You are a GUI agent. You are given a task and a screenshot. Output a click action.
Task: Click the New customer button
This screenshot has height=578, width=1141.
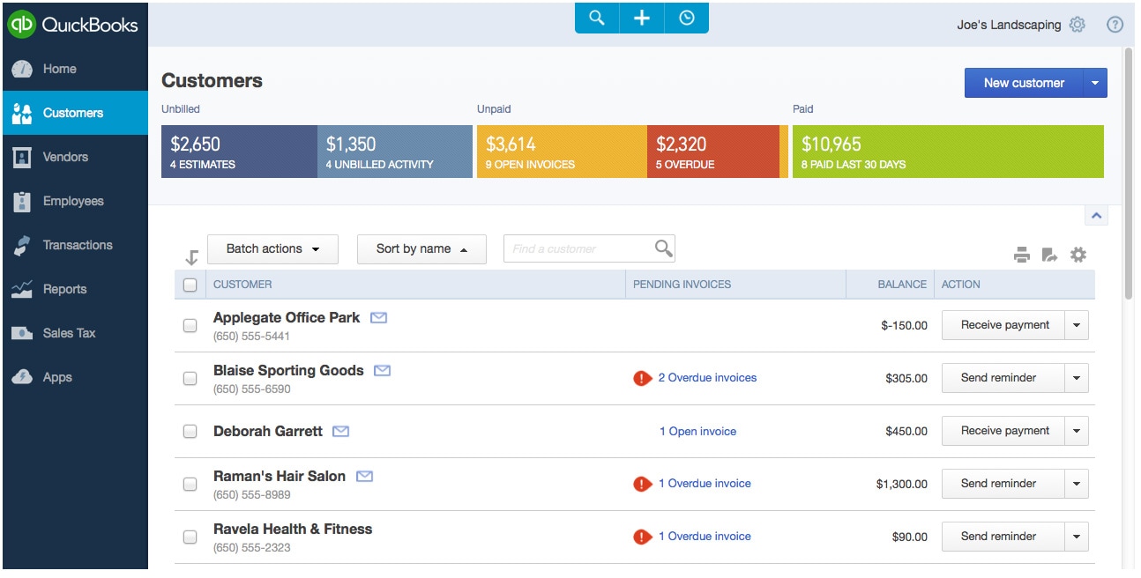[x=1024, y=83]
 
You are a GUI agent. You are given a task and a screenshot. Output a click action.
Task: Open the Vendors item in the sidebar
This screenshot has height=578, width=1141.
[x=65, y=157]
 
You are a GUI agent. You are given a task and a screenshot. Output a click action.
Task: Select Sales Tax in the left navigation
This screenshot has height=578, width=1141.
[x=69, y=333]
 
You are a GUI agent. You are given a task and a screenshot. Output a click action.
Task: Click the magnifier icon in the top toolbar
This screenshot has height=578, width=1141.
[x=597, y=18]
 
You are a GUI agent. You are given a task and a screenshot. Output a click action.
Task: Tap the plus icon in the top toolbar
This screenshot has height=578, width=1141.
[x=642, y=18]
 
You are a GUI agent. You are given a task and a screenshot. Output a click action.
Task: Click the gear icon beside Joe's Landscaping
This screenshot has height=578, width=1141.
[x=1077, y=25]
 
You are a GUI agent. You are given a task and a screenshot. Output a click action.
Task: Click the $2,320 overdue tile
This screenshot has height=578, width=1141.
[x=712, y=152]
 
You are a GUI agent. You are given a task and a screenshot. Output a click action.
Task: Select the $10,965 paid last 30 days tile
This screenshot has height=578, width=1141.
[x=948, y=152]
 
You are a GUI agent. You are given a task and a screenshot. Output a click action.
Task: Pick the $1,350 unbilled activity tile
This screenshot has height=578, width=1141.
[x=394, y=152]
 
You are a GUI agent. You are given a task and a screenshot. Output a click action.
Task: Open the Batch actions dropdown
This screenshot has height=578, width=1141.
[x=272, y=249]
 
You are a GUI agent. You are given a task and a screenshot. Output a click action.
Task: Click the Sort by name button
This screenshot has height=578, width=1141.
[x=421, y=249]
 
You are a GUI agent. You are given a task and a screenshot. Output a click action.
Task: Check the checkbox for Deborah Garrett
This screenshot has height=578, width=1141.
[x=190, y=432]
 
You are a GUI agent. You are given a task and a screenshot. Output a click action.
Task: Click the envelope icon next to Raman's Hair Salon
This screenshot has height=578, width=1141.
[x=364, y=476]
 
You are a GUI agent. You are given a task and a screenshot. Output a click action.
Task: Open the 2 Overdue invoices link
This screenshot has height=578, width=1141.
[x=707, y=378]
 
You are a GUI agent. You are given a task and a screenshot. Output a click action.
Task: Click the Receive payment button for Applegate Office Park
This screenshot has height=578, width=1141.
[x=1004, y=325]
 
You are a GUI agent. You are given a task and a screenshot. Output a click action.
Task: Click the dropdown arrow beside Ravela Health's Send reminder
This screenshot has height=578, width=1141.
[x=1076, y=537]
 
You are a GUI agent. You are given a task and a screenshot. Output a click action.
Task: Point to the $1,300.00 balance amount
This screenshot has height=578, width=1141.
[x=901, y=484]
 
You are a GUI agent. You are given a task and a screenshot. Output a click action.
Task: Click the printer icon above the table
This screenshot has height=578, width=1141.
[x=1022, y=256]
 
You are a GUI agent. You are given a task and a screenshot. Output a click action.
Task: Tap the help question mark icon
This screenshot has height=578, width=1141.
[x=1115, y=25]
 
